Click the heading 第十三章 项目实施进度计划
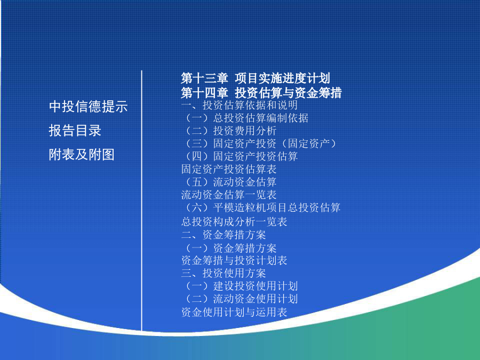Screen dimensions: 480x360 tap(255, 78)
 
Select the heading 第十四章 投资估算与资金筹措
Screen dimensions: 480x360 tap(261, 93)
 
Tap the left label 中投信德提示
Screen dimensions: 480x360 tap(88, 107)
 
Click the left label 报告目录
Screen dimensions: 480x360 tap(75, 131)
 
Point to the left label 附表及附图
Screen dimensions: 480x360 tap(82, 154)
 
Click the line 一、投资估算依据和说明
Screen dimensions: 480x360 tap(239, 105)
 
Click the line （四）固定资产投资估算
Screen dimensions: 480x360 tap(241, 156)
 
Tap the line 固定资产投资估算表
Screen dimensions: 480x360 tap(229, 169)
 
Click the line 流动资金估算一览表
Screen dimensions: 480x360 tap(229, 195)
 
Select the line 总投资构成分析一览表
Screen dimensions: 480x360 tap(234, 222)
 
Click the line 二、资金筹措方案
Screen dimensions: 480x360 tap(223, 235)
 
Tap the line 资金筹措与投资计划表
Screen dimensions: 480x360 tap(234, 260)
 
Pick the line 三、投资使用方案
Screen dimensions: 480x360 tap(223, 273)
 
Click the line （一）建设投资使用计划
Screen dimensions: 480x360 tap(241, 286)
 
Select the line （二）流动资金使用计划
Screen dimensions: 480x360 tap(241, 299)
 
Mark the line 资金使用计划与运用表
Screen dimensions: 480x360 tap(234, 312)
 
